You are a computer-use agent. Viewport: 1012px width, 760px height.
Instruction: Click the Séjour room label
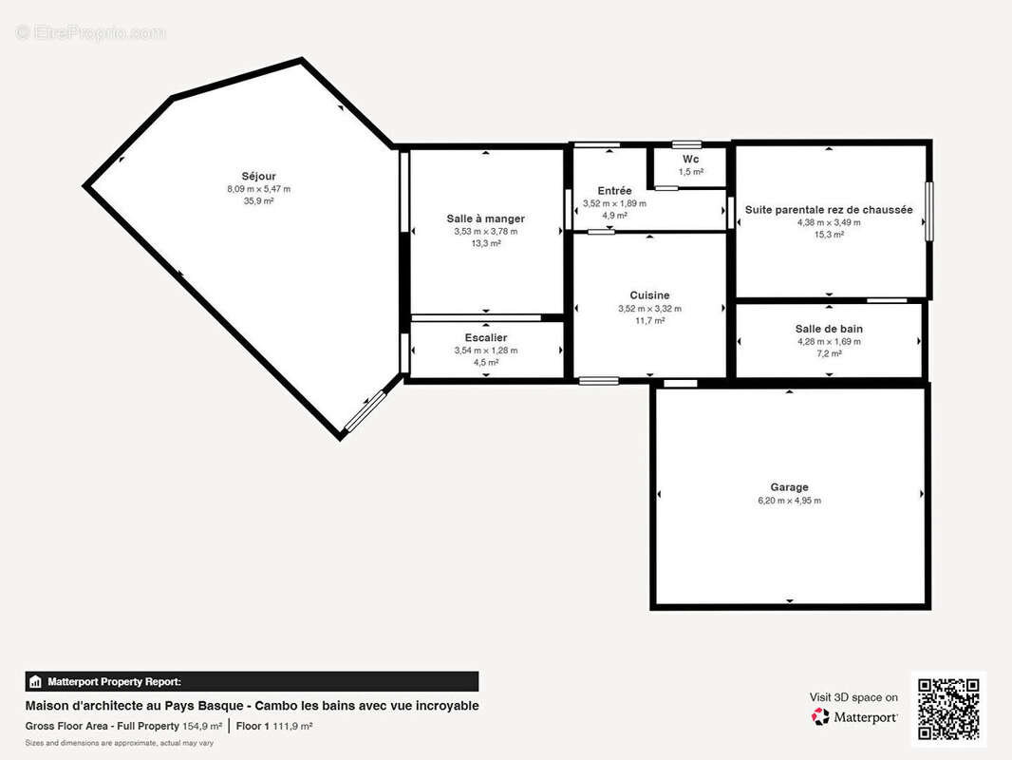(258, 177)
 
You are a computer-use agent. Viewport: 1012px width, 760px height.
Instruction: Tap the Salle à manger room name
(485, 218)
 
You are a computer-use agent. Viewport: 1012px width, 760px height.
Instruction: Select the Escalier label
(485, 337)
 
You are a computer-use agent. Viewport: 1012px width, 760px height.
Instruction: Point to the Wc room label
(690, 159)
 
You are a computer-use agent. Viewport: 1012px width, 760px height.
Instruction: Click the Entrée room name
(614, 191)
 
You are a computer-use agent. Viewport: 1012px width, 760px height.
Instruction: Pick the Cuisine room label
(649, 295)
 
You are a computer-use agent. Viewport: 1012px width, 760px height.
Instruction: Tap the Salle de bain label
(829, 329)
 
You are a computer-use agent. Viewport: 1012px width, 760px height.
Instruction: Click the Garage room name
(789, 487)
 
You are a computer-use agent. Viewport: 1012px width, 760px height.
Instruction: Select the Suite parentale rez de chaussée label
(829, 210)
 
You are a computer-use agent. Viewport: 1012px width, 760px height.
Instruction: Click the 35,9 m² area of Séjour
(258, 200)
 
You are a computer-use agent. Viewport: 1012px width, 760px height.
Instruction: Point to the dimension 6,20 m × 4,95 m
(789, 501)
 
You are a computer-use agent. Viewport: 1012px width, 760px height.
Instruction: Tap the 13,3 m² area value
(485, 243)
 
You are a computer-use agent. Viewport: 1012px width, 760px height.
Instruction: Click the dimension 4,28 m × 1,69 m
(829, 342)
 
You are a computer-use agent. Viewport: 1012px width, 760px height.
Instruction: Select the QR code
(948, 709)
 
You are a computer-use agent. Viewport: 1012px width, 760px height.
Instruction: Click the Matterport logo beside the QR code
(854, 716)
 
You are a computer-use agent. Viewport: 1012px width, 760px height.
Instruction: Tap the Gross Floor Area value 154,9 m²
(202, 726)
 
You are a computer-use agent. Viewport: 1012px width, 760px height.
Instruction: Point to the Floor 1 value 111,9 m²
(292, 726)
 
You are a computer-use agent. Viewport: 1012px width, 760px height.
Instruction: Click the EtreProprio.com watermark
(91, 32)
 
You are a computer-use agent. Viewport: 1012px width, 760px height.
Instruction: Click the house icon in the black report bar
(35, 682)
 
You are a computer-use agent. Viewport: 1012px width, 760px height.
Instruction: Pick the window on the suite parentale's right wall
(928, 212)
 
